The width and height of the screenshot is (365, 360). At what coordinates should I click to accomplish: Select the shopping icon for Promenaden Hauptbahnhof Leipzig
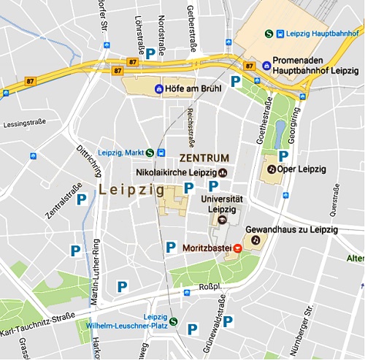point(266,66)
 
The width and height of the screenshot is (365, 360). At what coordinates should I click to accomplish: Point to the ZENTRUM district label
point(204,158)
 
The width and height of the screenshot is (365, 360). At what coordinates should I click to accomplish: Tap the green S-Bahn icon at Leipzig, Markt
point(150,153)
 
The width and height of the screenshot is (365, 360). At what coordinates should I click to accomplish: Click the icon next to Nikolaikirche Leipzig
point(223,172)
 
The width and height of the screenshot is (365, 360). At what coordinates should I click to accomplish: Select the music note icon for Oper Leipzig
point(272,169)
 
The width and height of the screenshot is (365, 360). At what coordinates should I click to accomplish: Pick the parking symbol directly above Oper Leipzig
point(283,155)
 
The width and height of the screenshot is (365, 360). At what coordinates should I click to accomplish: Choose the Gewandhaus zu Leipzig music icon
point(255,239)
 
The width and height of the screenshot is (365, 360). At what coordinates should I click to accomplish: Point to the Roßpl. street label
point(209,287)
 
